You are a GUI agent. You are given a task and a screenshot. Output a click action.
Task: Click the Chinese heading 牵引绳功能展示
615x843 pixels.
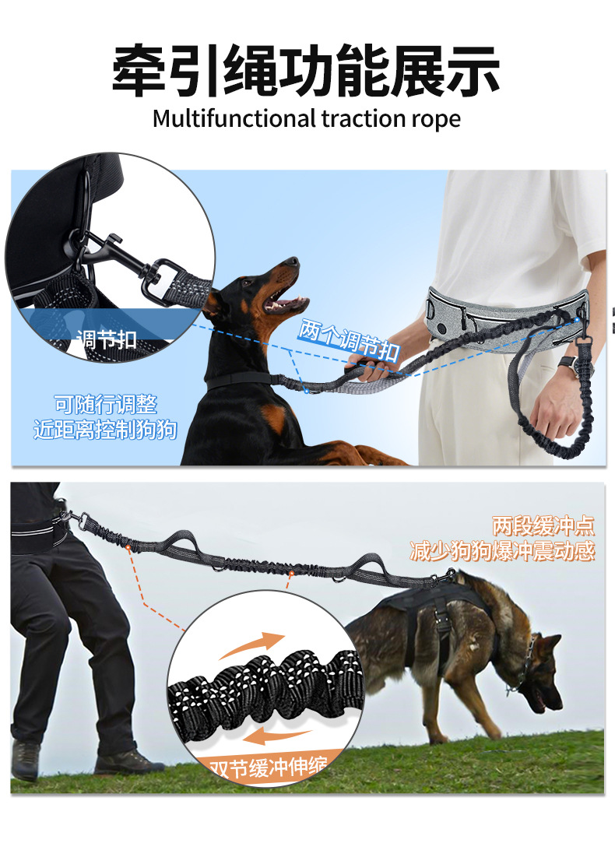pos(307,70)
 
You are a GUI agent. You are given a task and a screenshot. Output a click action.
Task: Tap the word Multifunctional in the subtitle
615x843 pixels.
pos(234,119)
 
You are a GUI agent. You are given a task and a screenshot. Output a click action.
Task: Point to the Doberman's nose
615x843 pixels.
pos(293,262)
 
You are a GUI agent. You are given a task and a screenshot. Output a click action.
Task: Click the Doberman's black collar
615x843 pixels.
pos(239,380)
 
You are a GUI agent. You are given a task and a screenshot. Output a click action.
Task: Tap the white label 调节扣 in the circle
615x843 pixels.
pos(107,339)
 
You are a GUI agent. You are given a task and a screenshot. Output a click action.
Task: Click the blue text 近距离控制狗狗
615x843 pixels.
pos(105,430)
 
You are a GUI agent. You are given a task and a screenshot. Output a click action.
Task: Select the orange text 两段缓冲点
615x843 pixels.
pos(543,525)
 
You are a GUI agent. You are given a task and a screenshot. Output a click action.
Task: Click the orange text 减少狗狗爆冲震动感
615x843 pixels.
pos(502,551)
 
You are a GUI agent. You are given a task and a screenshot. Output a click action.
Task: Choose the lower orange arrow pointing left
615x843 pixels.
pos(277,736)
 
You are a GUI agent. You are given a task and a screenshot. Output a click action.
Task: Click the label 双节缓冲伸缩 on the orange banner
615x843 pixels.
pos(268,767)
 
